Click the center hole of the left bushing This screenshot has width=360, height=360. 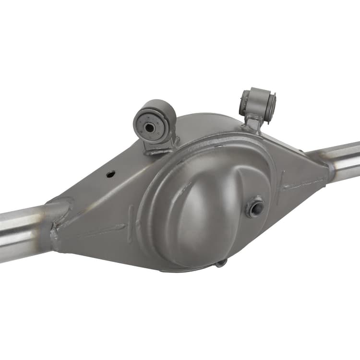pyautogui.click(x=150, y=128)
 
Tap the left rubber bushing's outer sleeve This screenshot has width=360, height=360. pyautogui.click(x=163, y=115)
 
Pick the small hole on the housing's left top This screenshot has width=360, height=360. pyautogui.click(x=110, y=174)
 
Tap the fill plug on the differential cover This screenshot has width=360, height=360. pyautogui.click(x=255, y=207)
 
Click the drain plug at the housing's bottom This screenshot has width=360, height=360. pyautogui.click(x=220, y=263)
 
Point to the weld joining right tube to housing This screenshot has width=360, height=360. pyautogui.click(x=330, y=170)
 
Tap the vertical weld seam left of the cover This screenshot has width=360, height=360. pyautogui.click(x=131, y=218)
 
